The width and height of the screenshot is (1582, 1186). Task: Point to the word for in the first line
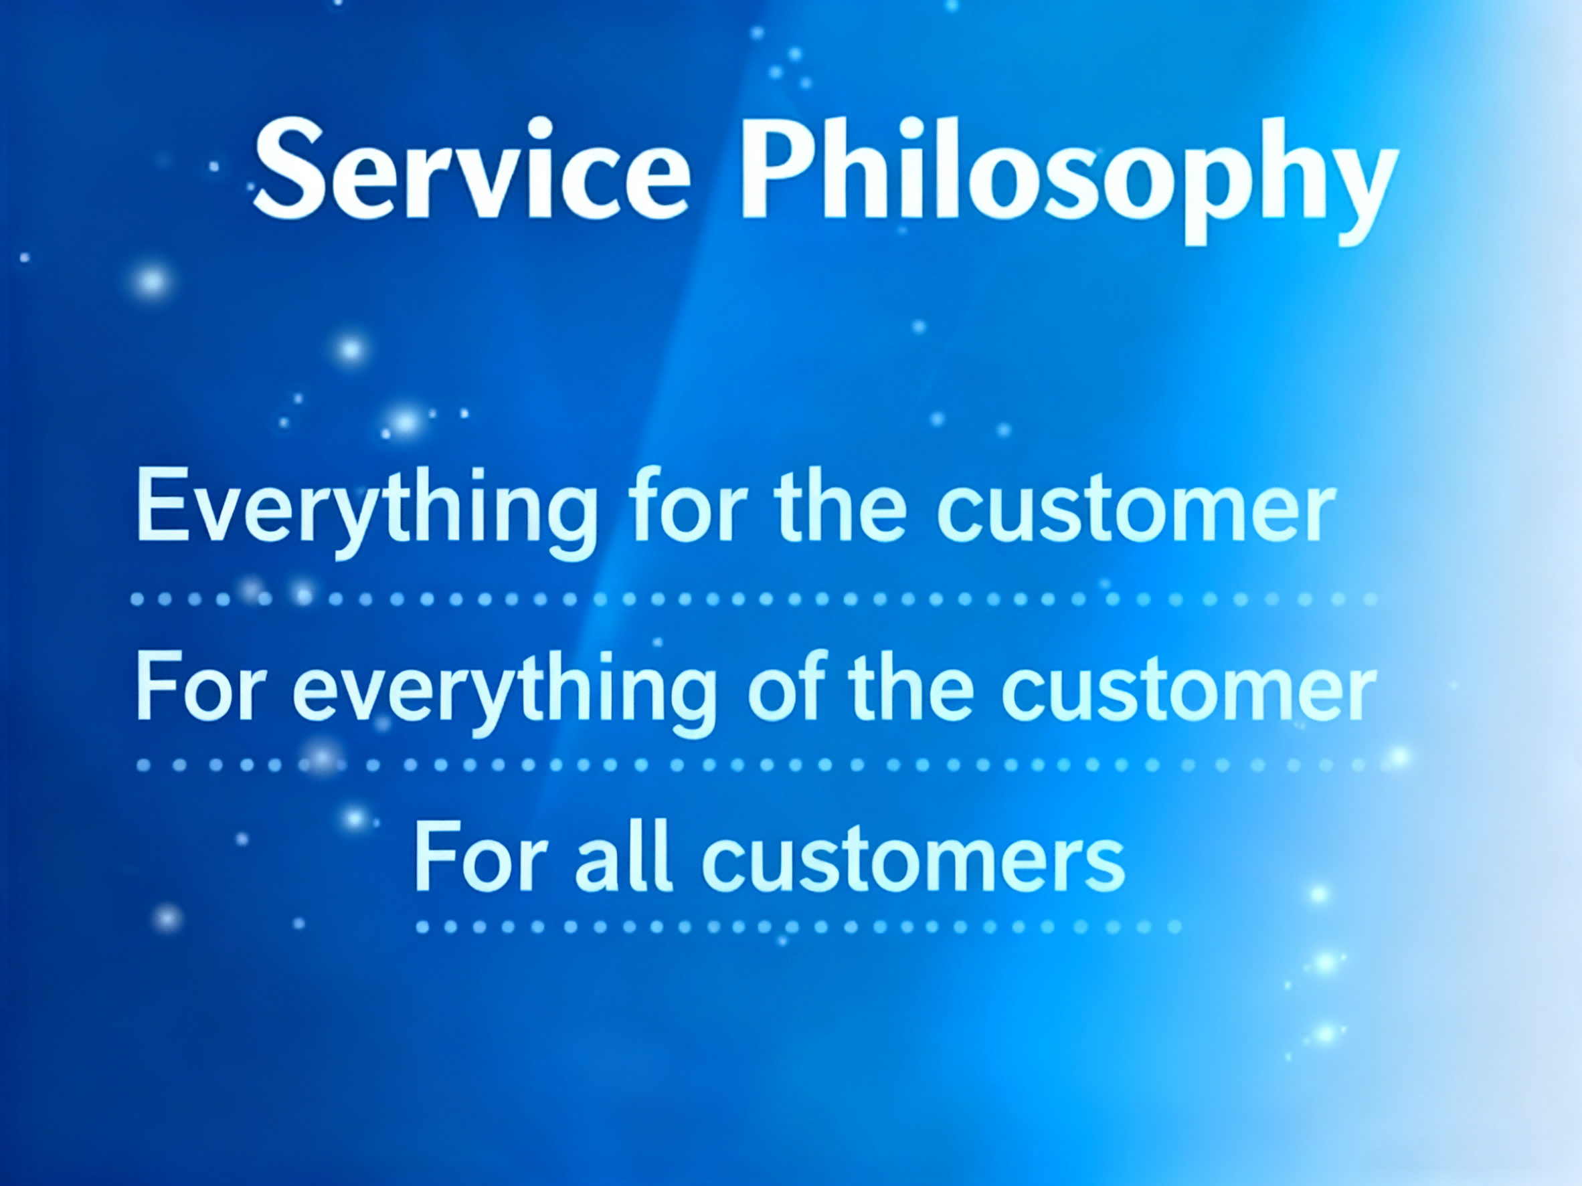coord(687,504)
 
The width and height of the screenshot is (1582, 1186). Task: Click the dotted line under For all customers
coord(798,927)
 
